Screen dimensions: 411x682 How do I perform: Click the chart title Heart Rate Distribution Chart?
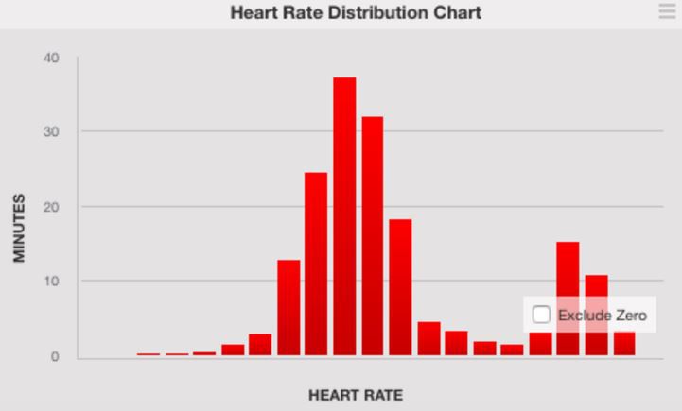point(355,13)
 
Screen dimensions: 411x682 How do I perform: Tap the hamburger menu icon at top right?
point(667,11)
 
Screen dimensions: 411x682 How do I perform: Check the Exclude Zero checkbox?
point(541,315)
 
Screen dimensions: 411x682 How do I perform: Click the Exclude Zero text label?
point(602,315)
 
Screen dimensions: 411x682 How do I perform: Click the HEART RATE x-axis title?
point(356,395)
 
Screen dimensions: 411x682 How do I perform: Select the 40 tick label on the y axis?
point(50,58)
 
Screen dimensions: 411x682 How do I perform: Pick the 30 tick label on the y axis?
point(50,131)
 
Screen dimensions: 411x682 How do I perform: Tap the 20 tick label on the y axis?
point(50,206)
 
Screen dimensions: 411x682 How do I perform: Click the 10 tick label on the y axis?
point(50,282)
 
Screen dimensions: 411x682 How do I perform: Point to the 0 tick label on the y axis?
point(54,356)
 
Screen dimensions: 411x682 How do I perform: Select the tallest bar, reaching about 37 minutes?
point(344,217)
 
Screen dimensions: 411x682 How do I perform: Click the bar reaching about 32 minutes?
point(373,236)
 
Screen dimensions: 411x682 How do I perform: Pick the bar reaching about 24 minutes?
point(316,265)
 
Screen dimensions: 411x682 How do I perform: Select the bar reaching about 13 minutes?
point(289,307)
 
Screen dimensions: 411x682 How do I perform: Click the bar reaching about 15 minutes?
point(568,274)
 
